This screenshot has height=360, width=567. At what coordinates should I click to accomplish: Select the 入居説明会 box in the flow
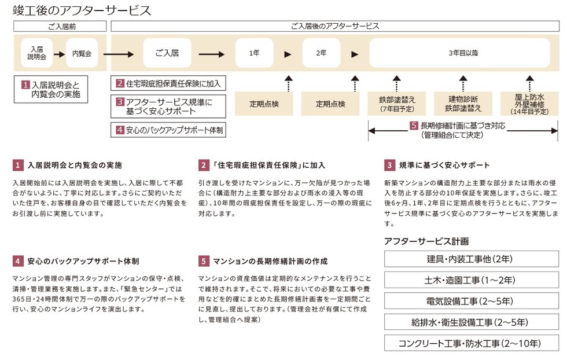[x=36, y=53]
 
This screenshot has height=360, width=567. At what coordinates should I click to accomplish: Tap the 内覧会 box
[x=82, y=53]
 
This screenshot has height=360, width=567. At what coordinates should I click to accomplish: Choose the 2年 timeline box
[x=321, y=53]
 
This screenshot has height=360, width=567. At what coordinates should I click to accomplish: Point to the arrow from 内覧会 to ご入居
[x=121, y=53]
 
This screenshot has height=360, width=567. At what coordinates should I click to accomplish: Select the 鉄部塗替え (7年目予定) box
[x=397, y=103]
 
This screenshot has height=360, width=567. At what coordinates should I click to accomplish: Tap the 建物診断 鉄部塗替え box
[x=463, y=103]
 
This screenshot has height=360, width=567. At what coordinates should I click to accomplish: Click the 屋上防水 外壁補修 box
[x=529, y=103]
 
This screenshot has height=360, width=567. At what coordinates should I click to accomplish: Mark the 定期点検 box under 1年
[x=264, y=104]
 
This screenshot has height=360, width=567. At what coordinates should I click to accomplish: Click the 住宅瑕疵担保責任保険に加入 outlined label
[x=168, y=83]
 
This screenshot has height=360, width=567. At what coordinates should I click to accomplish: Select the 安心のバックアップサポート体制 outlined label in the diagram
[x=168, y=130]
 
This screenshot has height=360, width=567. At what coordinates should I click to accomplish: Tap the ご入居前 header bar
[x=60, y=26]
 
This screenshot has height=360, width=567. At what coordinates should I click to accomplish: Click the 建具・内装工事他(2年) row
[x=471, y=259]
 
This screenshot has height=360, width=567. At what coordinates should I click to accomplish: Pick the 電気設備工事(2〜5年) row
[x=471, y=301]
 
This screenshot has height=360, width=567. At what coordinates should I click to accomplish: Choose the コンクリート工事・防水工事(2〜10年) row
[x=471, y=343]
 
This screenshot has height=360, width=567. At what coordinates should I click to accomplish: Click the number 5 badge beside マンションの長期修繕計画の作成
[x=204, y=261]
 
